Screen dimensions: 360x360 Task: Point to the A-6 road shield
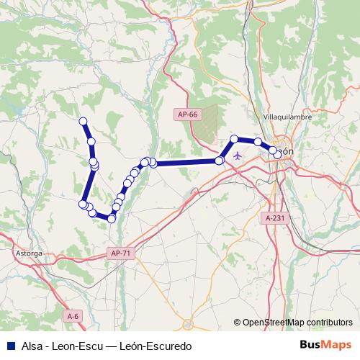72,316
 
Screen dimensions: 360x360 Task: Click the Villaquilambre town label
286,116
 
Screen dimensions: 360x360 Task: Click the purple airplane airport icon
238,155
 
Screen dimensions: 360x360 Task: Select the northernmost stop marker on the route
83,121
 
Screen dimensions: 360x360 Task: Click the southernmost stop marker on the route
112,218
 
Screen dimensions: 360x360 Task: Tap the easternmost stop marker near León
277,155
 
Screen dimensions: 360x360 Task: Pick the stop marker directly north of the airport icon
234,139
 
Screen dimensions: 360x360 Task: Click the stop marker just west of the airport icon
220,161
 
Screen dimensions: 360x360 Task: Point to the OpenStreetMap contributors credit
298,322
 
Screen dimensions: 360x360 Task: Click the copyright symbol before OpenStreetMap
238,322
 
